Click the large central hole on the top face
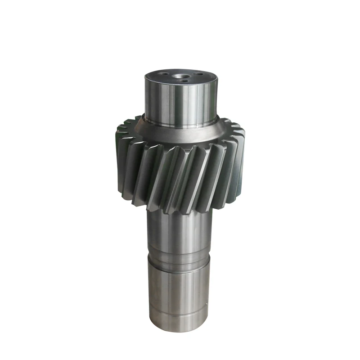point(182,76)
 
